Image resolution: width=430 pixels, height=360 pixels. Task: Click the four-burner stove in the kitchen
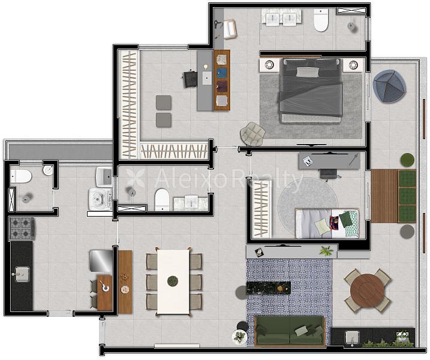point(22,229)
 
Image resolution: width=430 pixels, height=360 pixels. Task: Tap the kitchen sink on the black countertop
point(22,274)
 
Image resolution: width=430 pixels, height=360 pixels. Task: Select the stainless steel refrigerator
point(101,260)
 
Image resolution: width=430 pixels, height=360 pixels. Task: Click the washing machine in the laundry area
point(100,199)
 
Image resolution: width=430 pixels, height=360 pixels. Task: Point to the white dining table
point(173,281)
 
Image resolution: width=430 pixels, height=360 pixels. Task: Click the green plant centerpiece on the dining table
point(173,281)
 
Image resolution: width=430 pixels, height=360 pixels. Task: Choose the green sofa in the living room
point(290,331)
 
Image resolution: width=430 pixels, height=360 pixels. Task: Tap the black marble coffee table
point(269,288)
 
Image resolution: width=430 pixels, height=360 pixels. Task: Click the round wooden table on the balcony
point(368,290)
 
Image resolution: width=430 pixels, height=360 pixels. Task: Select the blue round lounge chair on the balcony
point(389,86)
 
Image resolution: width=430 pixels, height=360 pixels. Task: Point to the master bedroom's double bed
point(311,90)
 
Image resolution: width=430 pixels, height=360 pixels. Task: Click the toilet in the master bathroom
point(321,20)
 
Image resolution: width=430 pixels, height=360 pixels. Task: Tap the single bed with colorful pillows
point(327,223)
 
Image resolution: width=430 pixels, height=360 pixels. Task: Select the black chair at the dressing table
point(190,79)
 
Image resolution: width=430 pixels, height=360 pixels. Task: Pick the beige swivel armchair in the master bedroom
point(252,134)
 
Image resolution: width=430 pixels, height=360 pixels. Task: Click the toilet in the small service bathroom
point(20,176)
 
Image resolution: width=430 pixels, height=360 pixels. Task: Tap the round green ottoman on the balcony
point(407,160)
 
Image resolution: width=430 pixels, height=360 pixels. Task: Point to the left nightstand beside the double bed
point(269,65)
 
